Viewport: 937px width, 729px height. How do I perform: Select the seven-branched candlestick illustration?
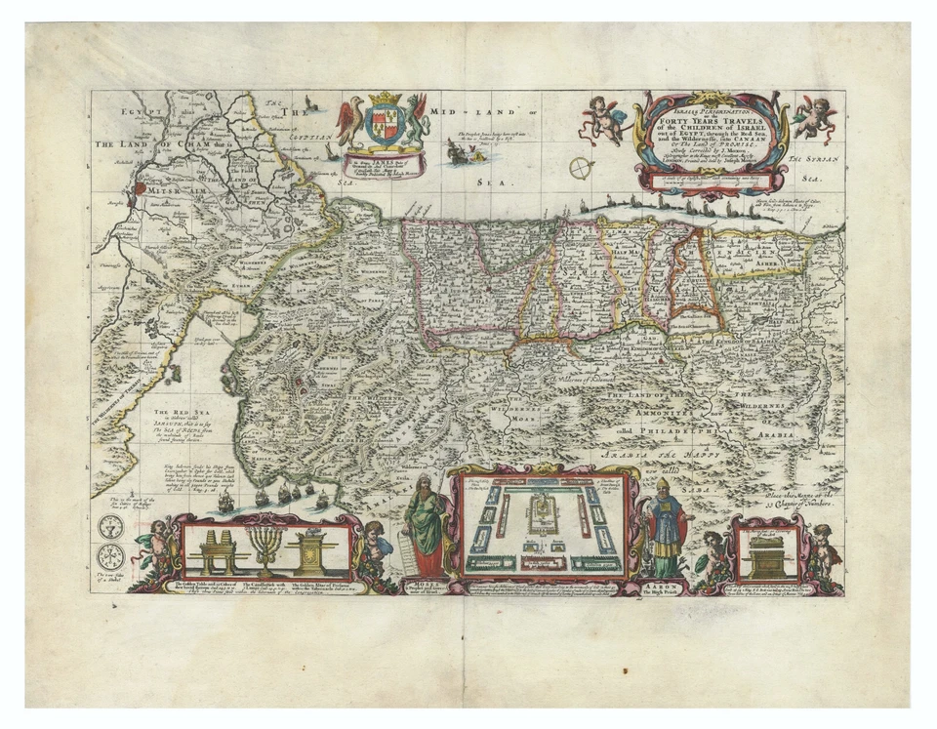coord(265,547)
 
